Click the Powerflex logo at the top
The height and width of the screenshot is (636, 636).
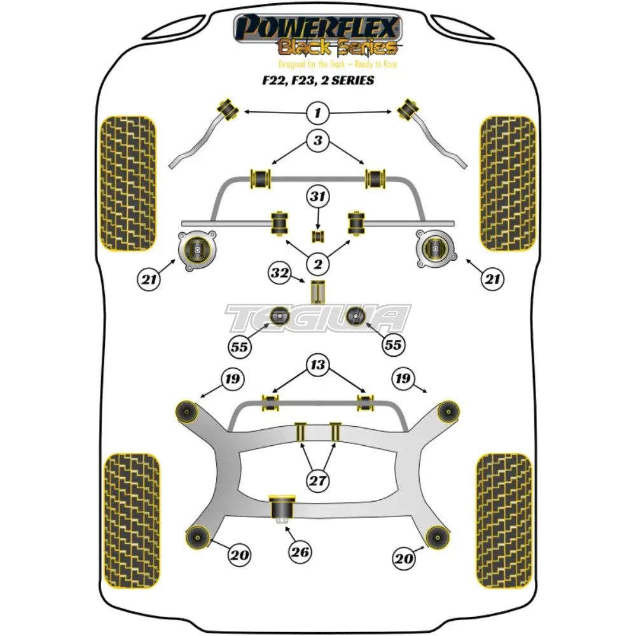(318, 35)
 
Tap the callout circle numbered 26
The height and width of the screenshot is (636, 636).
(300, 552)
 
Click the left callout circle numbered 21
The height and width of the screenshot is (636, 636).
(148, 277)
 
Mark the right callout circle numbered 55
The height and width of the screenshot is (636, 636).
(393, 345)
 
